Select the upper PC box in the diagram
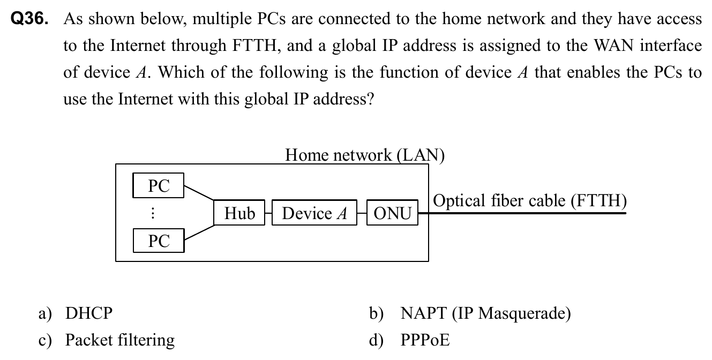point(158,185)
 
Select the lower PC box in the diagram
point(158,241)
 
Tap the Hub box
point(239,213)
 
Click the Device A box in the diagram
point(314,213)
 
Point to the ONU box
point(392,213)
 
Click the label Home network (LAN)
point(365,155)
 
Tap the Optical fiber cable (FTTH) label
point(529,201)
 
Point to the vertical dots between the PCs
point(153,213)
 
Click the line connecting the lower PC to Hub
point(199,231)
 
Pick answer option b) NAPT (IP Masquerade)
point(485,313)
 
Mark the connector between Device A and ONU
point(362,213)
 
